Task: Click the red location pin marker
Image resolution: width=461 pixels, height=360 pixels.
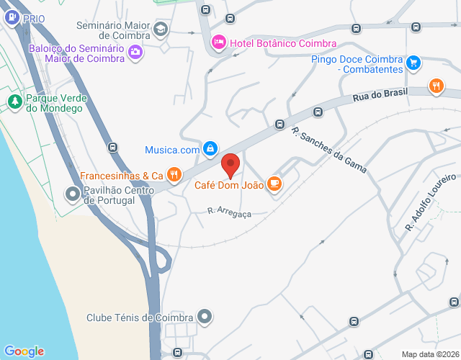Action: (230, 165)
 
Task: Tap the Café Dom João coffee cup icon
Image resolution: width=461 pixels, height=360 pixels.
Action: (274, 184)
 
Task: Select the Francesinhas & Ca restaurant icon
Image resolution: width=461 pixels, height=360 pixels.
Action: (174, 174)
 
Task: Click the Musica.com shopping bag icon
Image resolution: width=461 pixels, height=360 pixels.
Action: (209, 149)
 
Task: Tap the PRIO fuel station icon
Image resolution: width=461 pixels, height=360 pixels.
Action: (12, 19)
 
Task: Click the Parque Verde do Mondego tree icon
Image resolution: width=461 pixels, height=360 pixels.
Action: (14, 102)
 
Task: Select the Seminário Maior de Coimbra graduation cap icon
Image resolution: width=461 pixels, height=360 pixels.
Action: (160, 30)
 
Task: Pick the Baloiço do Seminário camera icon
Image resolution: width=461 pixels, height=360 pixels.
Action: (135, 52)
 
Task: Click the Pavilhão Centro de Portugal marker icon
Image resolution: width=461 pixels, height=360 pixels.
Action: (73, 194)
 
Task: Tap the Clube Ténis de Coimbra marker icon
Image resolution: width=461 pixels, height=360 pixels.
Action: (205, 316)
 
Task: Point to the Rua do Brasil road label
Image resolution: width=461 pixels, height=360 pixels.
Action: (380, 95)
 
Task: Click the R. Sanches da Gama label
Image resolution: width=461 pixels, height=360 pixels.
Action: (329, 150)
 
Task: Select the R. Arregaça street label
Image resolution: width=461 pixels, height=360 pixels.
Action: (229, 212)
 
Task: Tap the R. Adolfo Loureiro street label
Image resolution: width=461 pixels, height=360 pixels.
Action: (431, 202)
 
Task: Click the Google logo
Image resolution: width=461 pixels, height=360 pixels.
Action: (24, 351)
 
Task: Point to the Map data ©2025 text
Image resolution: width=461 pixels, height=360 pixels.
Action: (429, 354)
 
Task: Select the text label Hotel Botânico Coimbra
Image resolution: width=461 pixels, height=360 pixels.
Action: (274, 43)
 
